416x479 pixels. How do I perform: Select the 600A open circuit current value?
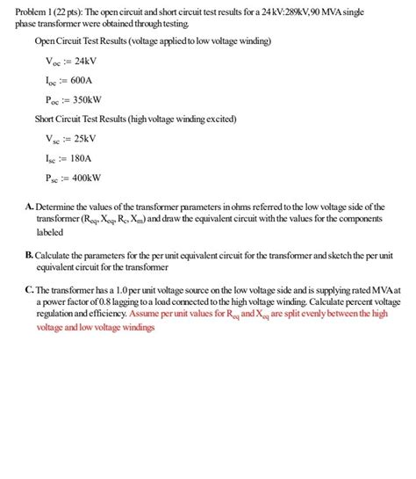(82, 80)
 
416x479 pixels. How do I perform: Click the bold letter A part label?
(29, 207)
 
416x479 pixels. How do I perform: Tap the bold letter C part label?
(29, 288)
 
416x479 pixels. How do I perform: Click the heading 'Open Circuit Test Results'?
(89, 41)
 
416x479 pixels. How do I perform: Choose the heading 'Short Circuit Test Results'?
(89, 119)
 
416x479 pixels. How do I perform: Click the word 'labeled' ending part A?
(49, 233)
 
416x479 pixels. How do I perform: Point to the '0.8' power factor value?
(111, 301)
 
